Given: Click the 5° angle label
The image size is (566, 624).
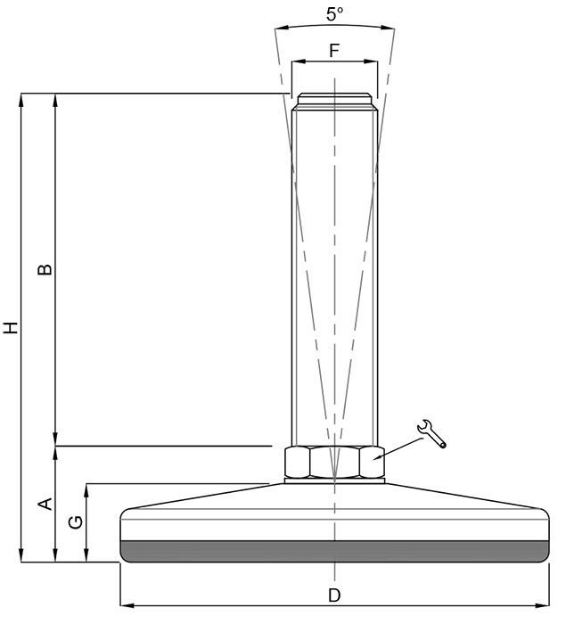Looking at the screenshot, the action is pyautogui.click(x=335, y=14).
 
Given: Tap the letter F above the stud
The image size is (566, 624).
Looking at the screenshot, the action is pyautogui.click(x=334, y=51).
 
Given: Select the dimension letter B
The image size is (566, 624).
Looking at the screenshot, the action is pyautogui.click(x=45, y=269).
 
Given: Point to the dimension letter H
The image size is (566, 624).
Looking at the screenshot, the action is pyautogui.click(x=11, y=327).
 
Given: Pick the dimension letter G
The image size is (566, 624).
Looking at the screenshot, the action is pyautogui.click(x=76, y=522).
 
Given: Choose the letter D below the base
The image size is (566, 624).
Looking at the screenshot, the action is pyautogui.click(x=334, y=595).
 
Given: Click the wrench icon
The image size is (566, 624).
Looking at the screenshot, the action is pyautogui.click(x=432, y=434).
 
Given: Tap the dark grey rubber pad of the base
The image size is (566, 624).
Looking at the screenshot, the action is pyautogui.click(x=335, y=552).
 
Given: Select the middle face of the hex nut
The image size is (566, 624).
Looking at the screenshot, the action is pyautogui.click(x=335, y=462).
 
